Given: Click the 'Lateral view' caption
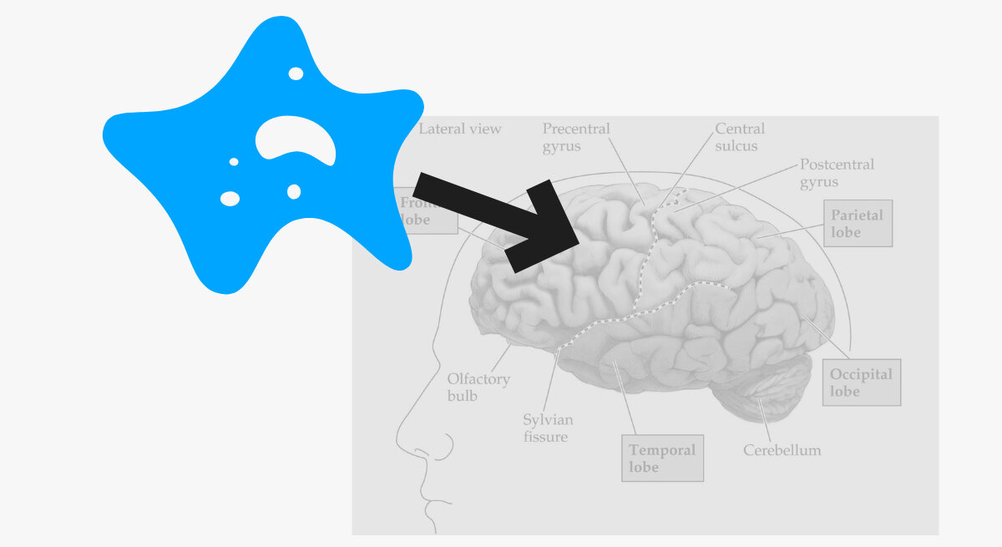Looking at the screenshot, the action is click(x=460, y=129).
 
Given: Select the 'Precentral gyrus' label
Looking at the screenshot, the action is click(x=576, y=137).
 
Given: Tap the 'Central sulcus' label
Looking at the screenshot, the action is click(x=739, y=137).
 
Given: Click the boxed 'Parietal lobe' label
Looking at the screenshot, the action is click(x=857, y=223).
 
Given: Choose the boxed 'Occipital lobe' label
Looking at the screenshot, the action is click(x=861, y=382).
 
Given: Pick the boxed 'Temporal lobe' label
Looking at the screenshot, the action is click(x=662, y=458).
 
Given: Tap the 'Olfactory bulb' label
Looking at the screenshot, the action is click(x=478, y=387).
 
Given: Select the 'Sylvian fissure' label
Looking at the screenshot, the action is click(x=548, y=428).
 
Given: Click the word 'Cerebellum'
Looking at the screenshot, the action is click(x=782, y=451).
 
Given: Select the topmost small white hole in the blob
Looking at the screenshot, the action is click(x=296, y=73).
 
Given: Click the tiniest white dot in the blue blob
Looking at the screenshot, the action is click(x=234, y=162).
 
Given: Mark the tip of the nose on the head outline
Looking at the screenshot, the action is click(x=398, y=439).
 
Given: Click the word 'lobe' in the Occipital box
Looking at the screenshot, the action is click(x=845, y=392).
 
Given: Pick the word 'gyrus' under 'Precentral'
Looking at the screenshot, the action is click(x=561, y=146).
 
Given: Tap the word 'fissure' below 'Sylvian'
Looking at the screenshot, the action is click(x=545, y=437).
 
